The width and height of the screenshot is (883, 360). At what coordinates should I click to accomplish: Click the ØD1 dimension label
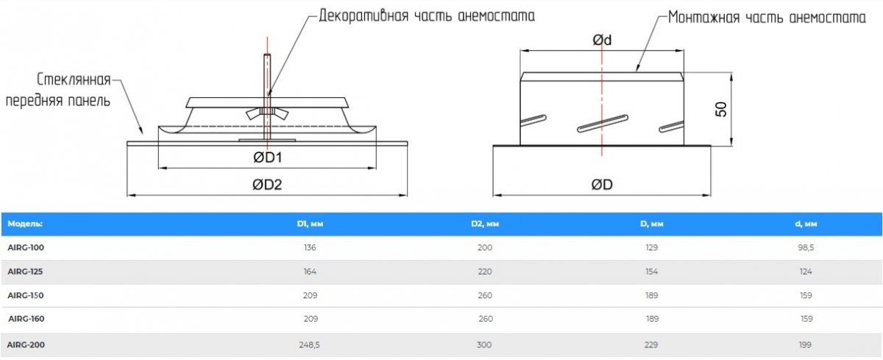[x=268, y=158]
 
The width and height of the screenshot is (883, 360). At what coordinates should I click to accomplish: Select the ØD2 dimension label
[x=268, y=186]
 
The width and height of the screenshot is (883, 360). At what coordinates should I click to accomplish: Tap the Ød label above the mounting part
[x=602, y=41]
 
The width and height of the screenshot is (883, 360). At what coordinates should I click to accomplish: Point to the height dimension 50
[x=721, y=109]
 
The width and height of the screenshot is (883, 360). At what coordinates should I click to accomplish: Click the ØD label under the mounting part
[x=602, y=186]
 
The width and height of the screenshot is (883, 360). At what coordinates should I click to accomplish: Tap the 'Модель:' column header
[x=25, y=223]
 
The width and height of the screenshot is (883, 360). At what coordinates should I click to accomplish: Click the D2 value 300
[x=485, y=344]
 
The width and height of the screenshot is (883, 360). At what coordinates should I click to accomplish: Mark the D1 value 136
[x=309, y=248]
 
